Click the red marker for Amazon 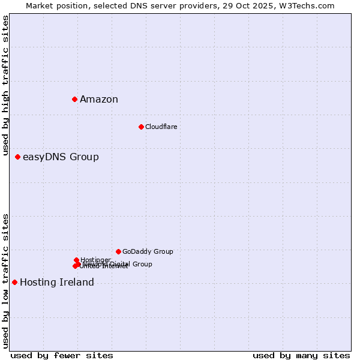74,99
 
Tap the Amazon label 99,100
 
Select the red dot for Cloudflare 141,127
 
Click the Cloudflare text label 161,127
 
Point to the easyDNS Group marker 17,157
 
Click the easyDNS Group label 61,157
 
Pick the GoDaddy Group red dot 118,251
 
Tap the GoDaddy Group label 148,251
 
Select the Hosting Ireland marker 14,282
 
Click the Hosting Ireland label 57,283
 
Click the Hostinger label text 95,260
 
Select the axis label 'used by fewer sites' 62,356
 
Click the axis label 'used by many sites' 301,356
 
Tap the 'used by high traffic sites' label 5,86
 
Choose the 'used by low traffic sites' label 5,281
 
